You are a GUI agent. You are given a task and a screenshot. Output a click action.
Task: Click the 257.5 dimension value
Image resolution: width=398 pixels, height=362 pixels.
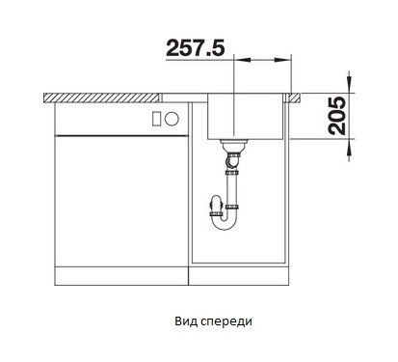(x=196, y=48)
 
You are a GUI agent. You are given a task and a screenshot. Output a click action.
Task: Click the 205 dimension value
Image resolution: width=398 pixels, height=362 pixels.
(x=336, y=116)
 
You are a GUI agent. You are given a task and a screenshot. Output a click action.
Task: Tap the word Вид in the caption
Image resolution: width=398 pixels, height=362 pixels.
(x=184, y=321)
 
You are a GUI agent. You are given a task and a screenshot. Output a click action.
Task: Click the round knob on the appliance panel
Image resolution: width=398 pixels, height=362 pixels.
(x=172, y=118)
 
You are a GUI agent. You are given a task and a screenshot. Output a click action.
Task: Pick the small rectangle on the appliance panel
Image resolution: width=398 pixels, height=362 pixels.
(x=157, y=118)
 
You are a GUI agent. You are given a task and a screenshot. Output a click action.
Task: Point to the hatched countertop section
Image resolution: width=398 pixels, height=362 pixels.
(x=101, y=98)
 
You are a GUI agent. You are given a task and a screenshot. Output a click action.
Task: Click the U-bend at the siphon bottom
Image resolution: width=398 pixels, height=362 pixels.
(x=226, y=223)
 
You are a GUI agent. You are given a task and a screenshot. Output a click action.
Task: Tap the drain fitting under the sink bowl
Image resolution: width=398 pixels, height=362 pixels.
(x=233, y=147)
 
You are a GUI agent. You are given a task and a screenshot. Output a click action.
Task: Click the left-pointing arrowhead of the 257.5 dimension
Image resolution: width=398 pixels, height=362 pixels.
(x=243, y=60)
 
